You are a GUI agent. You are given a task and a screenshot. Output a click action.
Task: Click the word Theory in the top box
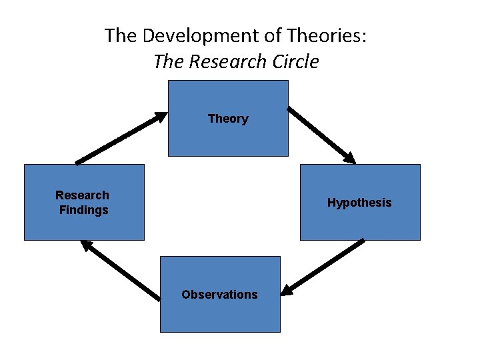[x=228, y=119]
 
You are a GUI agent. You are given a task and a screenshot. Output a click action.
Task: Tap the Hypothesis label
[x=359, y=203]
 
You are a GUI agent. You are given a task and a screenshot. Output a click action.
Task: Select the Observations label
[x=219, y=295]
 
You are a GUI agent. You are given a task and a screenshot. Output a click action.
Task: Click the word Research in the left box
[x=82, y=195]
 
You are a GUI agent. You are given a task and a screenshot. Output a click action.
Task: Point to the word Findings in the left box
[x=83, y=210]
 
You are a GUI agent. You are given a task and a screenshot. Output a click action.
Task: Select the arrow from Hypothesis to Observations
[x=323, y=266]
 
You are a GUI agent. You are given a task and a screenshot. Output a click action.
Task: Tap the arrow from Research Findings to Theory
[x=121, y=137]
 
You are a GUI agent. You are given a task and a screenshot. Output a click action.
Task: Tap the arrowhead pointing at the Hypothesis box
[x=349, y=157]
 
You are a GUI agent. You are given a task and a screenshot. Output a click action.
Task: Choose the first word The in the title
[x=120, y=35]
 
